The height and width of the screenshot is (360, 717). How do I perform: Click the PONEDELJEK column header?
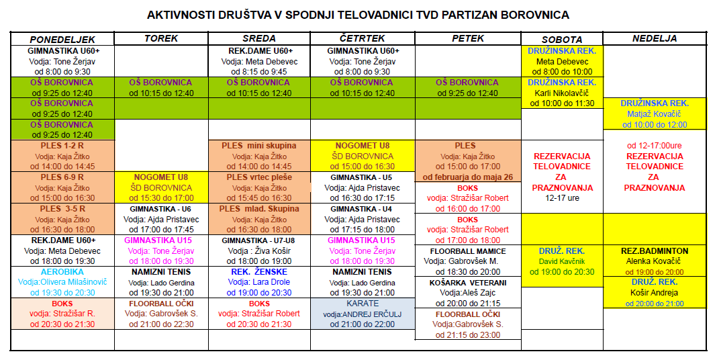[62, 40]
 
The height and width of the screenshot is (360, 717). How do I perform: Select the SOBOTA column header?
[561, 40]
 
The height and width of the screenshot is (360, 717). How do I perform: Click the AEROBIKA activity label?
[62, 272]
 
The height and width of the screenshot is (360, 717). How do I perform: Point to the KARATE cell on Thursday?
[363, 304]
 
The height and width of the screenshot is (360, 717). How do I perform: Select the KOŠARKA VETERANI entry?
[467, 283]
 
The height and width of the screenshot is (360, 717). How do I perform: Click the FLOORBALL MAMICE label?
[467, 251]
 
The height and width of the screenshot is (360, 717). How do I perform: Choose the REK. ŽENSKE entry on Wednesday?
[259, 272]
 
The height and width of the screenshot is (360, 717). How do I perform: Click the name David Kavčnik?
[561, 261]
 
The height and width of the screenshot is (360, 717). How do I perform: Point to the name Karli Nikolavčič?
[561, 93]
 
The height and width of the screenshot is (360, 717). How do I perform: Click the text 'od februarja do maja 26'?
[467, 177]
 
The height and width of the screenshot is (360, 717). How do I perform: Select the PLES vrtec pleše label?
[259, 177]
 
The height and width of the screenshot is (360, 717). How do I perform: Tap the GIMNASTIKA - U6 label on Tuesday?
[160, 209]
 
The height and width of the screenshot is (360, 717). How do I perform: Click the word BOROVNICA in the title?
[536, 14]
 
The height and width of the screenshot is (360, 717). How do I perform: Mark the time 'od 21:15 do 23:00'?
[467, 335]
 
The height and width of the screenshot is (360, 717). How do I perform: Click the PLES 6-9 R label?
[62, 177]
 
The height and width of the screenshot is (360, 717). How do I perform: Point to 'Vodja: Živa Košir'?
[259, 251]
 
